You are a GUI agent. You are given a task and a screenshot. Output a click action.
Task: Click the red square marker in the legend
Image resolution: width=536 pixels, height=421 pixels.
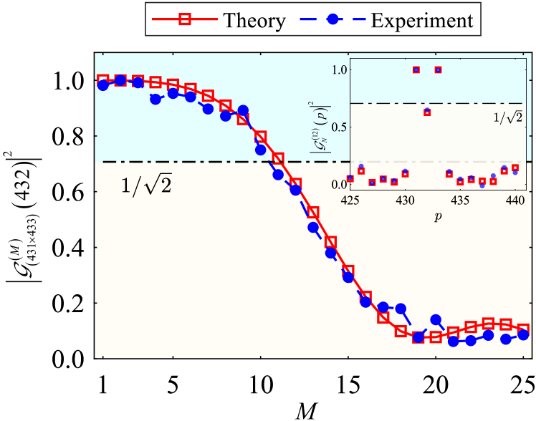pyautogui.click(x=184, y=19)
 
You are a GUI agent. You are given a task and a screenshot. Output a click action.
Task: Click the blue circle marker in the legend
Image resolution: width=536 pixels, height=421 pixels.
pyautogui.click(x=332, y=19)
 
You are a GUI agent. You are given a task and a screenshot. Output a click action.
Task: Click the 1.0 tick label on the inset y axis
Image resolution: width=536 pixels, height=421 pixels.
pyautogui.click(x=339, y=70)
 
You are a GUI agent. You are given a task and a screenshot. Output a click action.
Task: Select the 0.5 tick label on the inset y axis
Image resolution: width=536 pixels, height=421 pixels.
pyautogui.click(x=339, y=127)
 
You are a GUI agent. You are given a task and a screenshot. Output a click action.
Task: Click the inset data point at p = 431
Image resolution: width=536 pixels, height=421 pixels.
pyautogui.click(x=416, y=69)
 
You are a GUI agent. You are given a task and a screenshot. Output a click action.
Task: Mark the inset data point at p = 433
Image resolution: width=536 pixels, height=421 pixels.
pyautogui.click(x=438, y=69)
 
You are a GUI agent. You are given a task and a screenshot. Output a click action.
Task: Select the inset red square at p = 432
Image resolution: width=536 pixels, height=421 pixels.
pyautogui.click(x=427, y=112)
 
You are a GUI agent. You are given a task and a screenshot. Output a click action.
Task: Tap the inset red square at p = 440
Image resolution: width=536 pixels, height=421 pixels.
pyautogui.click(x=515, y=168)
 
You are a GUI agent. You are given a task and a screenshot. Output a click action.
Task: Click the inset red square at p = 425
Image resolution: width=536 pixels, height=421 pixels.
pyautogui.click(x=350, y=178)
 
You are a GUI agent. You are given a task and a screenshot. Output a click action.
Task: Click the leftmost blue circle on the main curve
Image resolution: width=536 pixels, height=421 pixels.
pyautogui.click(x=103, y=85)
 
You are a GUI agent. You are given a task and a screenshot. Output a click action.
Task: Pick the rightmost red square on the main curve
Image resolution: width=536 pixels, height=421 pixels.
pyautogui.click(x=522, y=328)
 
